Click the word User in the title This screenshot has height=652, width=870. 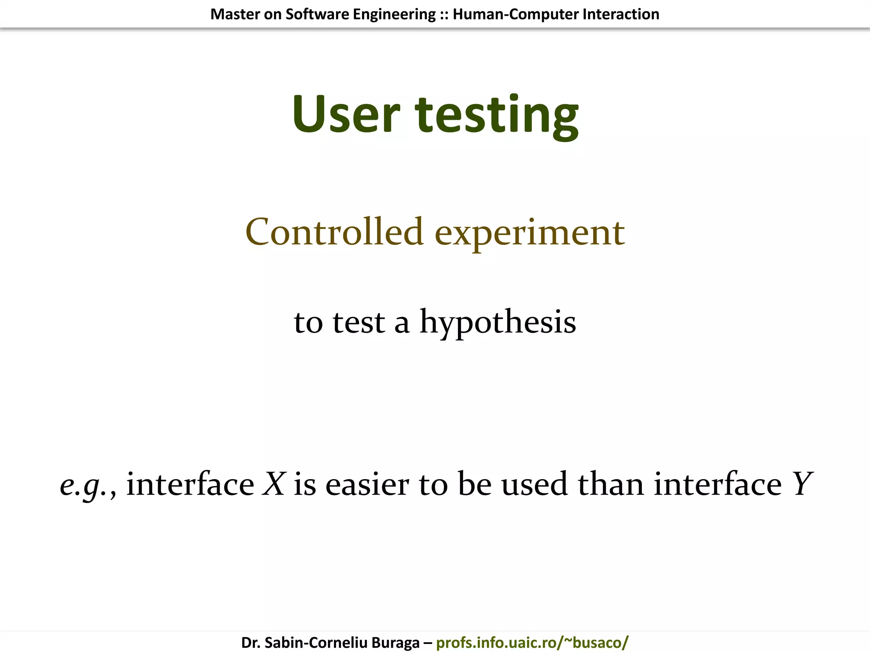pyautogui.click(x=346, y=114)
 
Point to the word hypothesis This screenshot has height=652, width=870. pyautogui.click(x=497, y=323)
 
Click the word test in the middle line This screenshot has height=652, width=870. pyautogui.click(x=359, y=323)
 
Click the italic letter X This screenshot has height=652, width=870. pyautogui.click(x=274, y=483)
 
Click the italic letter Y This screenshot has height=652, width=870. pyautogui.click(x=802, y=483)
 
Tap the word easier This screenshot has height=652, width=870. pyautogui.click(x=367, y=484)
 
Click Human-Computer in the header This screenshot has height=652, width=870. pyautogui.click(x=515, y=14)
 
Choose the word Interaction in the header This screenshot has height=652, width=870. pyautogui.click(x=621, y=14)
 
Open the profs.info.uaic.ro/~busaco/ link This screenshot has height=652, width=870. pyautogui.click(x=532, y=643)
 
